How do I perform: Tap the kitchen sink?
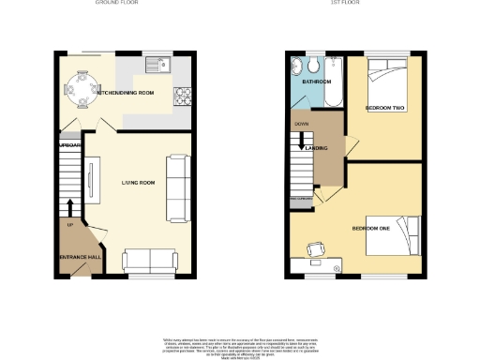pyautogui.click(x=156, y=66)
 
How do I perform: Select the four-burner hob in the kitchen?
pyautogui.click(x=183, y=93)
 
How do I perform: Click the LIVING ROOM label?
pyautogui.click(x=137, y=182)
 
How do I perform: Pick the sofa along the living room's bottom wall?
pyautogui.click(x=150, y=261)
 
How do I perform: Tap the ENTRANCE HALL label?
pyautogui.click(x=78, y=256)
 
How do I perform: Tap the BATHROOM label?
pyautogui.click(x=317, y=82)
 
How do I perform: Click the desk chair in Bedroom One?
pyautogui.click(x=316, y=248)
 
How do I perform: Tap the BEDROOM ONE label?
pyautogui.click(x=370, y=228)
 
